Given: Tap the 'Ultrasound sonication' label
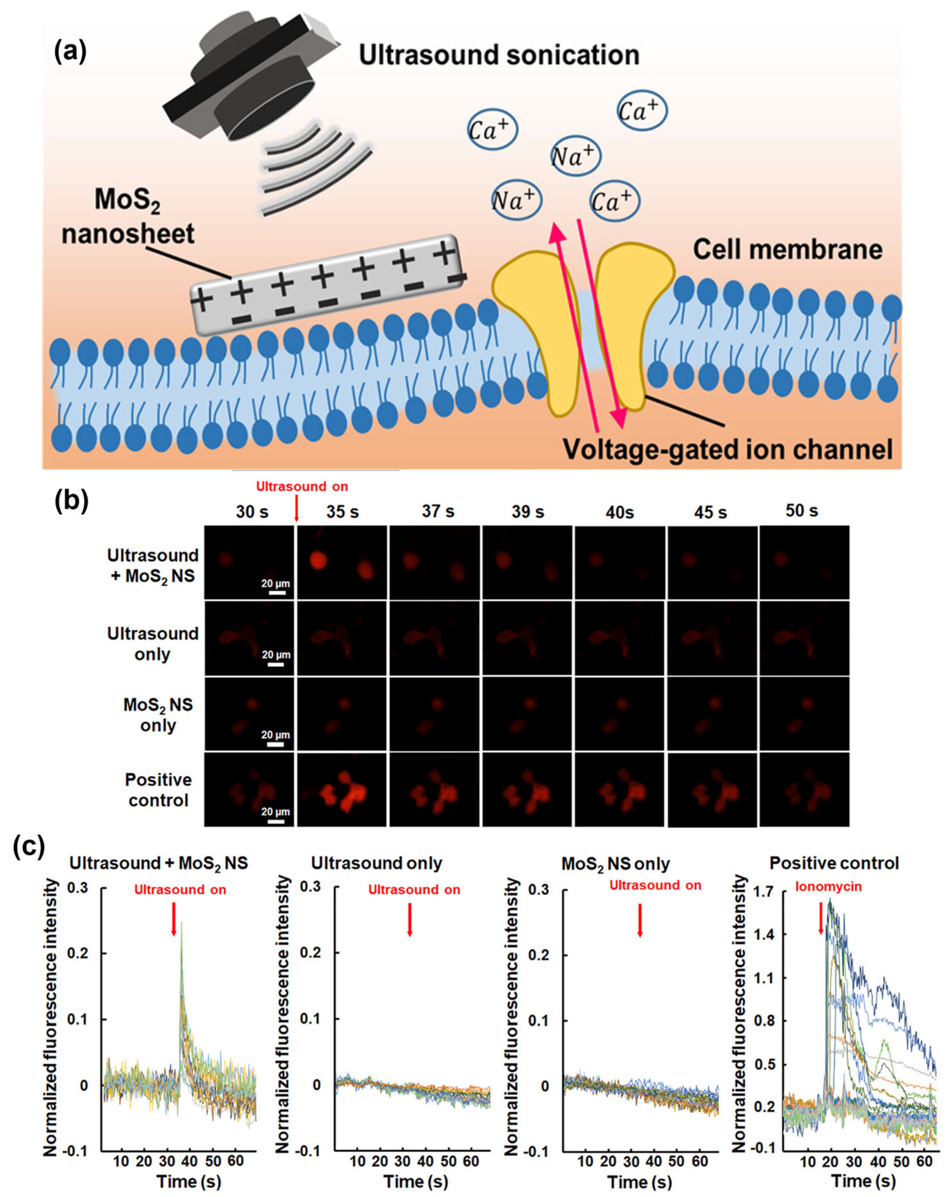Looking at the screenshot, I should [498, 55].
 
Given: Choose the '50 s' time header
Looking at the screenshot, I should [801, 510].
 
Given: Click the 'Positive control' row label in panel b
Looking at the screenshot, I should [158, 790].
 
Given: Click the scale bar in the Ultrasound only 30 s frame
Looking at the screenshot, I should [276, 664].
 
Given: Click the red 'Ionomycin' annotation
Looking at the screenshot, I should [829, 886].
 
